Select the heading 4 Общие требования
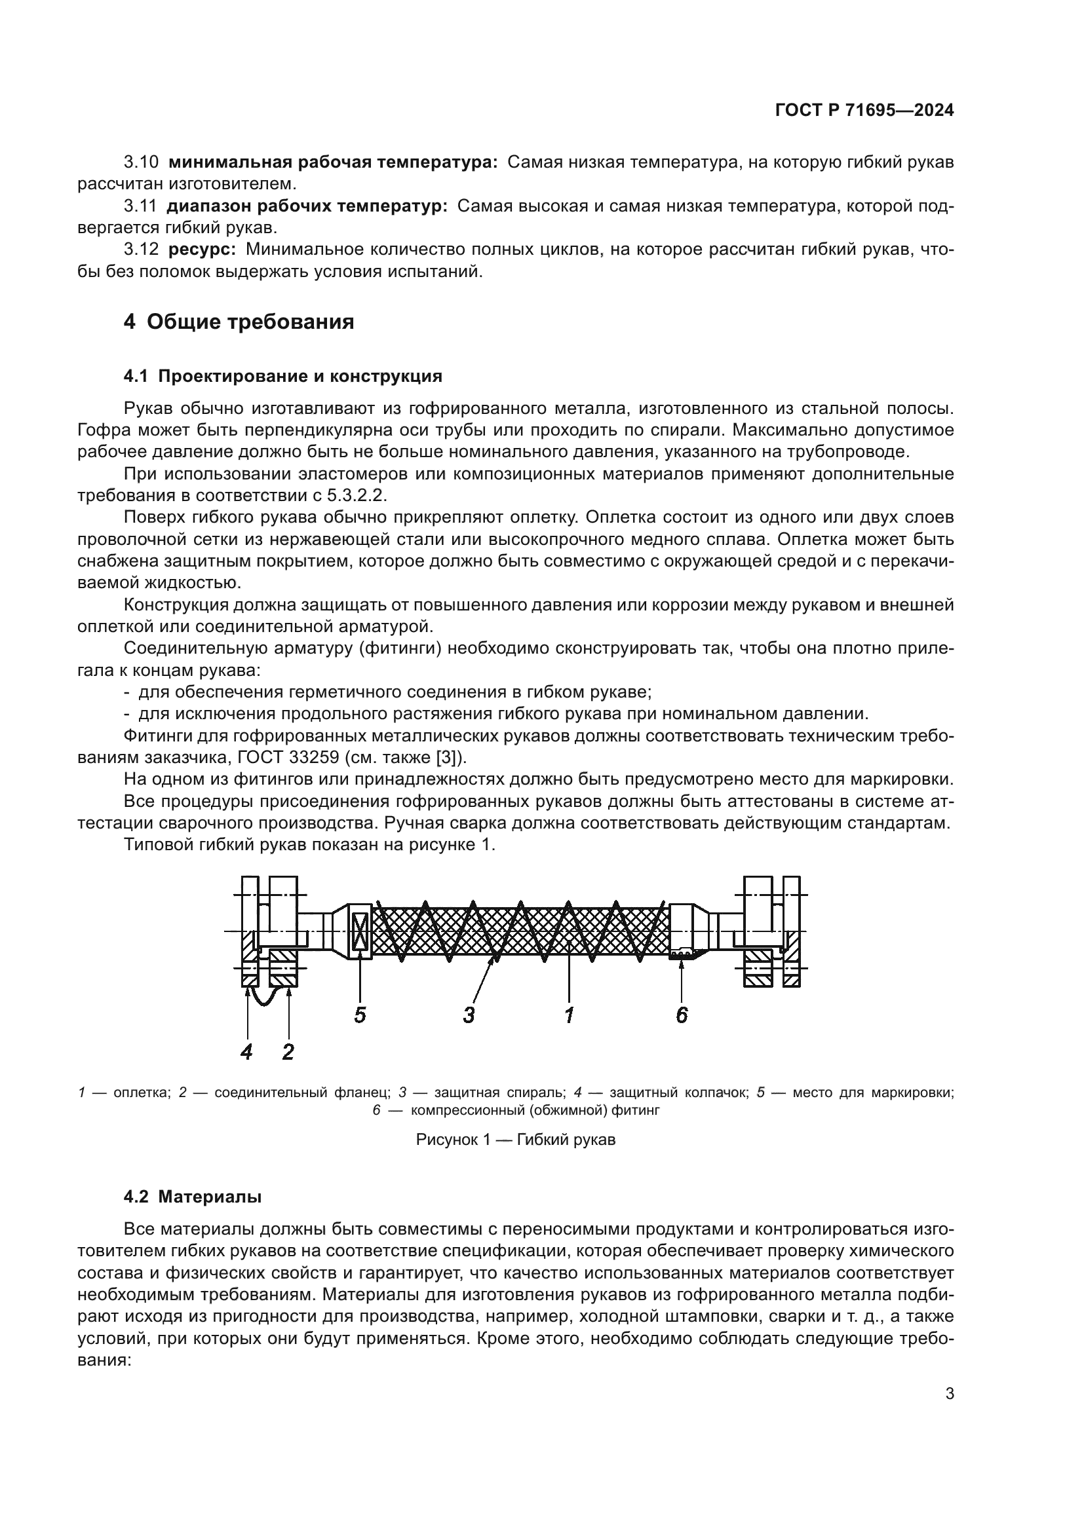(239, 322)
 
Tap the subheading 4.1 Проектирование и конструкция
(283, 377)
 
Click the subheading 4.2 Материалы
(192, 1197)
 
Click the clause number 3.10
(141, 162)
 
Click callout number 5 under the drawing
(360, 1015)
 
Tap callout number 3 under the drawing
(469, 1015)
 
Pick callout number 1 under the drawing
(569, 1015)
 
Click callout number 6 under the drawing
(682, 1015)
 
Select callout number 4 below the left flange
(246, 1053)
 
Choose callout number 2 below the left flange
(288, 1053)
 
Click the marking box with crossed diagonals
(360, 931)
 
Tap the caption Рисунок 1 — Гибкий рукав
(515, 1140)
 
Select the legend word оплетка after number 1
(142, 1093)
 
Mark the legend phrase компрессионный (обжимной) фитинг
(535, 1110)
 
